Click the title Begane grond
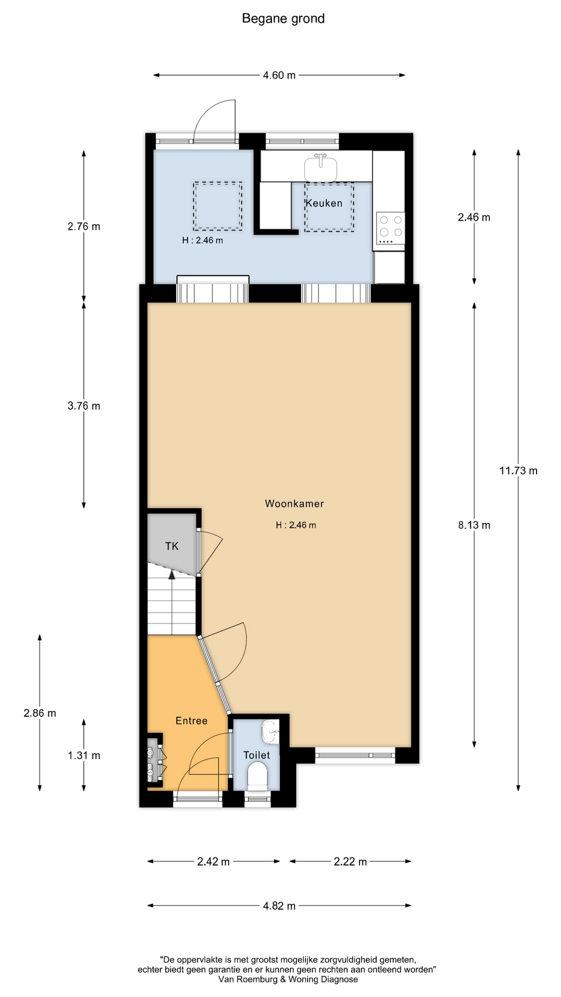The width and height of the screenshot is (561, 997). pos(283,19)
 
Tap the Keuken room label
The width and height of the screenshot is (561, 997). pos(324,203)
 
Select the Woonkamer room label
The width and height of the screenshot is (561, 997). pos(295,503)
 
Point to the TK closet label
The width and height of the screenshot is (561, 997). pos(172,546)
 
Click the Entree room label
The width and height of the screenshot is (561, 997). pos(192,721)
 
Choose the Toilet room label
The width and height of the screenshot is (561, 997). pos(257,755)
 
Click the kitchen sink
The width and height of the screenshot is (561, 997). pos(320,167)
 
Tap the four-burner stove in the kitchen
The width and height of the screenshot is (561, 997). pos(390,228)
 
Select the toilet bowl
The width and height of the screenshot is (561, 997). pos(257,776)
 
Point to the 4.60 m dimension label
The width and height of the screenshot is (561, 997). pos(279,75)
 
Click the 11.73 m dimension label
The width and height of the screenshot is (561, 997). pos(518,471)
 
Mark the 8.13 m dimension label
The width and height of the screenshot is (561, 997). pos(474,525)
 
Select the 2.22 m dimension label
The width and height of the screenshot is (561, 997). pos(350,862)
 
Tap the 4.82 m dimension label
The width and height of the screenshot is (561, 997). pos(279,906)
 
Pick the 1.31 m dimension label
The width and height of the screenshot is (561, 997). pos(84,756)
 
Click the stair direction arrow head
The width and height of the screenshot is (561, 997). pos(171,573)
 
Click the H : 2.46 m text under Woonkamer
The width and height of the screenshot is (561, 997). pos(296,525)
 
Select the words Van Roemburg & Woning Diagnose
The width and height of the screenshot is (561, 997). pos(288,979)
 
